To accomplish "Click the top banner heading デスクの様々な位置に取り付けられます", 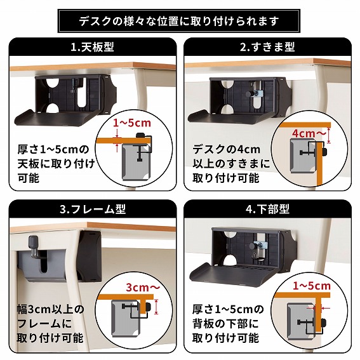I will [x=179, y=20].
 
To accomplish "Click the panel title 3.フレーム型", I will [x=92, y=210].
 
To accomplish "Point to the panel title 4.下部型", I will [x=267, y=210].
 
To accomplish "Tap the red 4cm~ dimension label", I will [x=309, y=134].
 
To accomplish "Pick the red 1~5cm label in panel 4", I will [x=312, y=286].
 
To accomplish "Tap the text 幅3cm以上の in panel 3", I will [x=50, y=310].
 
